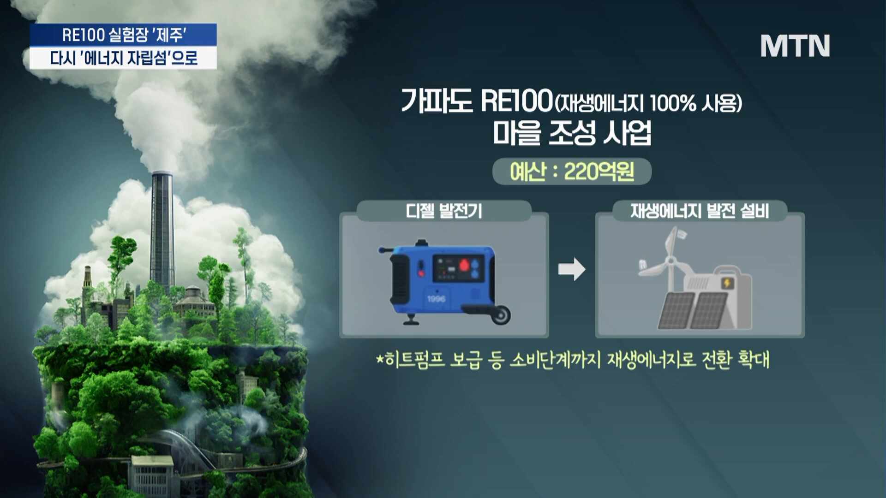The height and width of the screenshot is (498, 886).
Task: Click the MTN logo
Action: pyautogui.click(x=795, y=46)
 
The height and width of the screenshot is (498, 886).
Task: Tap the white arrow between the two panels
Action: pyautogui.click(x=572, y=269)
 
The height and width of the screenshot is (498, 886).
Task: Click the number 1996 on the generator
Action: pyautogui.click(x=436, y=299)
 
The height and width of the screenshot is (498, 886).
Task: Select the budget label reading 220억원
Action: pyautogui.click(x=572, y=172)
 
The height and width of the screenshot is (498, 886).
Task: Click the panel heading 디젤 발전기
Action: pyautogui.click(x=444, y=211)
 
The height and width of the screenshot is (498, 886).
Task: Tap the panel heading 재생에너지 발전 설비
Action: pyautogui.click(x=700, y=211)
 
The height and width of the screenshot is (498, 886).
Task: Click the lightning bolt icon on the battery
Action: pyautogui.click(x=728, y=283)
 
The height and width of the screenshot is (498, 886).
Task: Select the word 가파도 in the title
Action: pyautogui.click(x=437, y=101)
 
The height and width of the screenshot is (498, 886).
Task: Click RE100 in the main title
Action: pyautogui.click(x=516, y=101)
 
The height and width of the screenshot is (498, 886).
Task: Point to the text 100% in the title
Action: pyautogui.click(x=673, y=103)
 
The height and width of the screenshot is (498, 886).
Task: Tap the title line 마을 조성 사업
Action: pyautogui.click(x=572, y=133)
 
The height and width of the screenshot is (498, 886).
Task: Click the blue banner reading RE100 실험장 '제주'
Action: pyautogui.click(x=123, y=35)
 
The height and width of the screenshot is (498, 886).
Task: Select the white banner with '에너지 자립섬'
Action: pyautogui.click(x=123, y=58)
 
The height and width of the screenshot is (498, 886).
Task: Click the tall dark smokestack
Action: pyautogui.click(x=162, y=231)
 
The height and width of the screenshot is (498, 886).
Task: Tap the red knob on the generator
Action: pyautogui.click(x=464, y=265)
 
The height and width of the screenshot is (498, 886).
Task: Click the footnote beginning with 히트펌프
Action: pyautogui.click(x=573, y=360)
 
